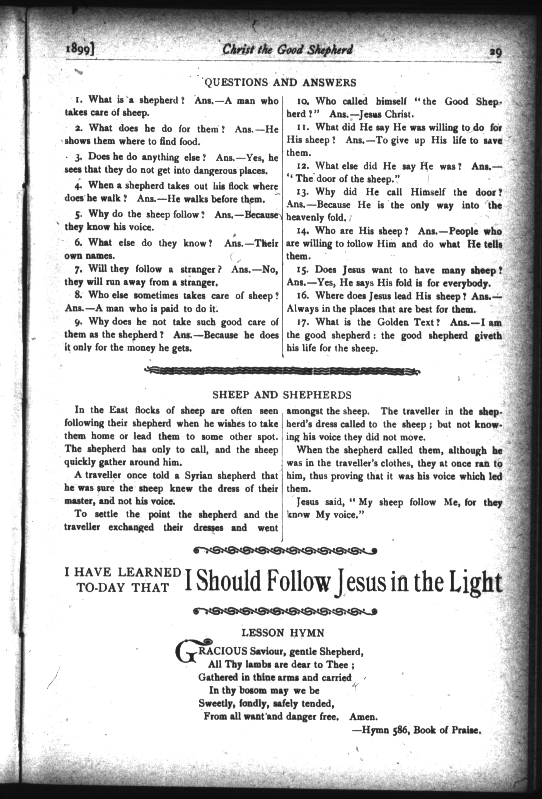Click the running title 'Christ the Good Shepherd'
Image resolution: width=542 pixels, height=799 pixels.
point(287,50)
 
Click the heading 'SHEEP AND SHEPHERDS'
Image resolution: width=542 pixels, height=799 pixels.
point(282,395)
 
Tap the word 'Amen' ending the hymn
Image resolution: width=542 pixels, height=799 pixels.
point(363,717)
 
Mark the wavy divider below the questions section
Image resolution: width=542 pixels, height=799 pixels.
point(282,371)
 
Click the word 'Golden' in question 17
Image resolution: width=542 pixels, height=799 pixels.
point(392,322)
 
